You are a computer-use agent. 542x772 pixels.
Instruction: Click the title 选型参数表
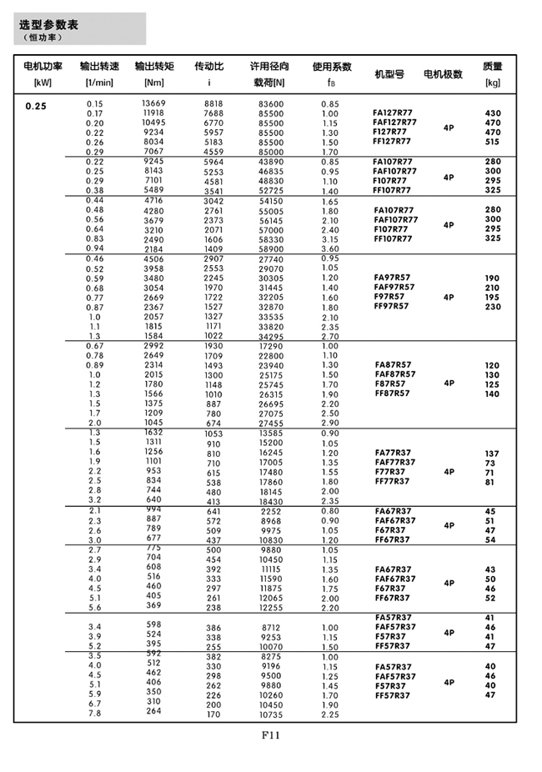click(x=48, y=24)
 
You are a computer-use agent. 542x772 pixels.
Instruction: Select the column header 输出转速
click(x=99, y=66)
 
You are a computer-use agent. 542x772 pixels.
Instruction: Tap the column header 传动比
click(x=208, y=66)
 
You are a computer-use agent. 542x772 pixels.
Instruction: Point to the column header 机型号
click(x=389, y=73)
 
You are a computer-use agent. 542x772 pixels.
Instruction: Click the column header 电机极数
click(x=443, y=73)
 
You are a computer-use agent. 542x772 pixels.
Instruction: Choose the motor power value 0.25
click(x=36, y=106)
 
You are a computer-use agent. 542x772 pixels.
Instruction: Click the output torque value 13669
click(x=153, y=103)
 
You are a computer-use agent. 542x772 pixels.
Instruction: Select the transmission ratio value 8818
click(x=213, y=103)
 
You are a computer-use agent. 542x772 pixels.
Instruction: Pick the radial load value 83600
click(x=270, y=103)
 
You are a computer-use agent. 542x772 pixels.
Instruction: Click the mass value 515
click(x=492, y=142)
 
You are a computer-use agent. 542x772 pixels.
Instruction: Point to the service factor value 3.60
click(x=329, y=248)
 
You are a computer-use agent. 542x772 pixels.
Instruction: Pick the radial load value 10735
click(x=270, y=714)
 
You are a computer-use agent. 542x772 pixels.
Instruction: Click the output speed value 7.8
click(x=94, y=713)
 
